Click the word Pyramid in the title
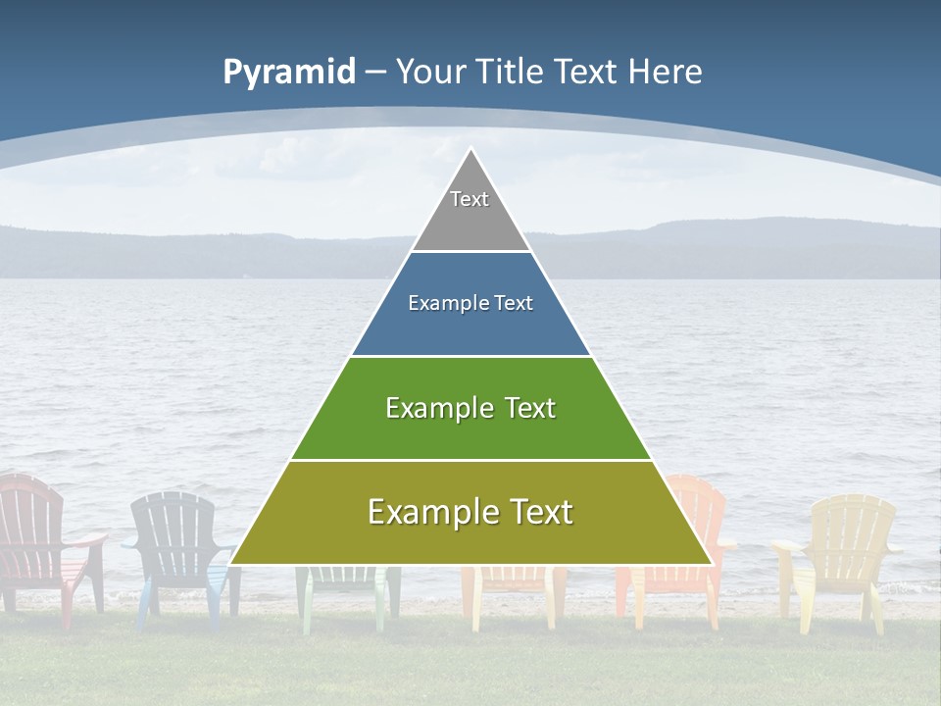(x=289, y=73)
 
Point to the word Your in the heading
(x=430, y=73)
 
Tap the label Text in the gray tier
(x=470, y=199)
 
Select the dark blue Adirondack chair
(x=176, y=539)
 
